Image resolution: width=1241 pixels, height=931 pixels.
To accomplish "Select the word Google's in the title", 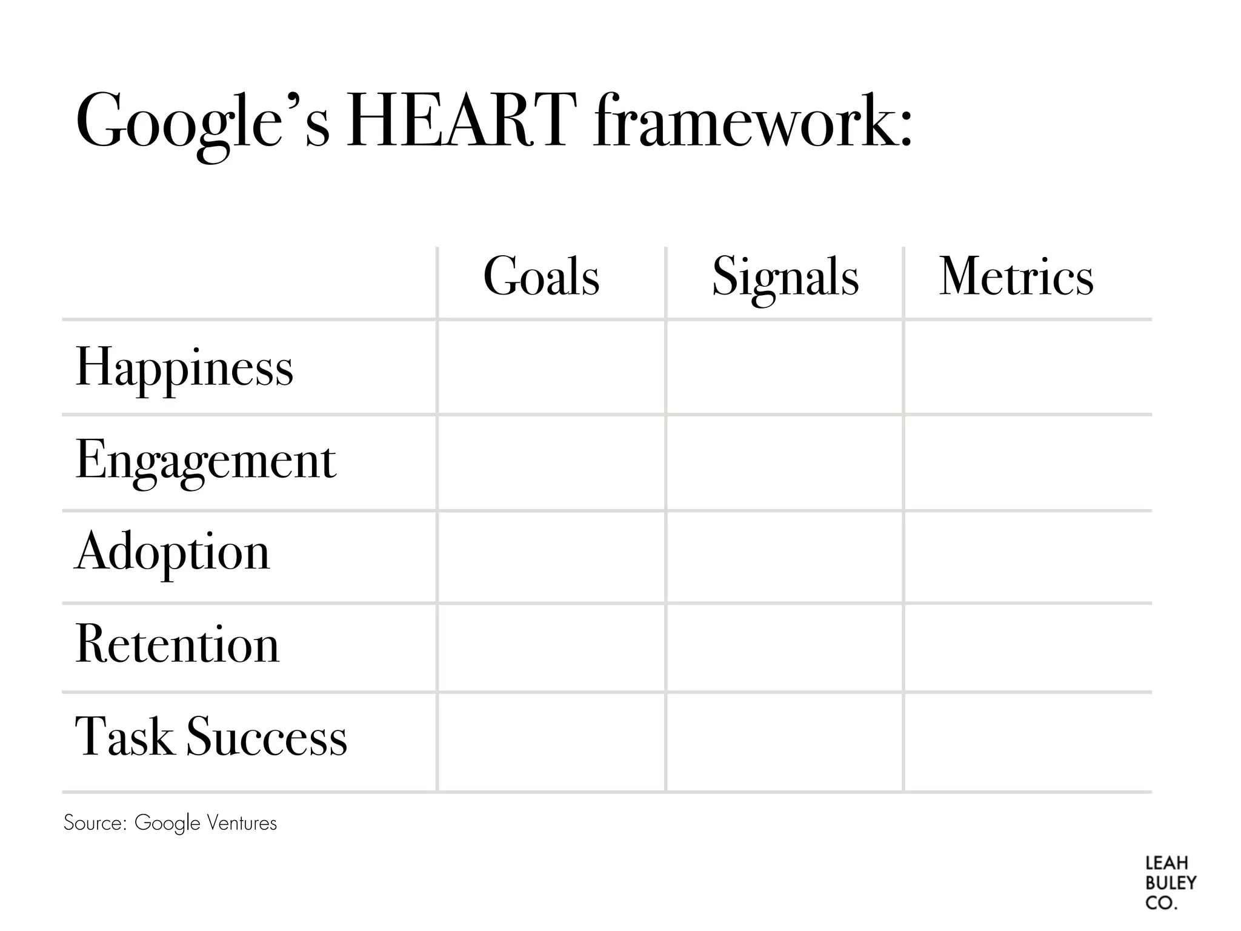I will (x=202, y=121).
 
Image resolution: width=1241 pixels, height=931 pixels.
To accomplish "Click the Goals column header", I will (x=541, y=277).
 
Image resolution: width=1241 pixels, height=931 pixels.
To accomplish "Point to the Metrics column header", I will (x=1016, y=277).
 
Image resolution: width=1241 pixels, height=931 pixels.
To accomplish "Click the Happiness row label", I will (x=184, y=367).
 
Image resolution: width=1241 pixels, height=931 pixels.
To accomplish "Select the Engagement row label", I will (x=205, y=461).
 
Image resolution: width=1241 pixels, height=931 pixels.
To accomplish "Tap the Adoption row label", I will (x=172, y=552).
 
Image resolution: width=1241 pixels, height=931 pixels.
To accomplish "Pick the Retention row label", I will (x=177, y=644).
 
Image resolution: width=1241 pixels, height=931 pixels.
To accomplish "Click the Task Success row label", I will (x=211, y=737).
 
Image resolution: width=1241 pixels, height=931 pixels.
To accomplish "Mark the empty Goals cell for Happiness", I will (x=551, y=367).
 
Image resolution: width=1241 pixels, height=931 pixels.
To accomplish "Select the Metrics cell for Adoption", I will (x=1027, y=557).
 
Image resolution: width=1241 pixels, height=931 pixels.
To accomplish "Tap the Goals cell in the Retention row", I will (x=551, y=647).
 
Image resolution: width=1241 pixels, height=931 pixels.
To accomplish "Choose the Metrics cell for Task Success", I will (x=1027, y=742).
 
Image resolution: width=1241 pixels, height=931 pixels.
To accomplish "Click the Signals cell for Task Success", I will (x=785, y=742).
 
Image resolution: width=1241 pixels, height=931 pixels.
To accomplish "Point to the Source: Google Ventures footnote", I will (x=170, y=823).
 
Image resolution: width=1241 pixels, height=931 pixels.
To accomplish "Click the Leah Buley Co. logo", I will (x=1170, y=883).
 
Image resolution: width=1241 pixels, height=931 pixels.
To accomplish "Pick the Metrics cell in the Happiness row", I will (x=1027, y=367).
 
